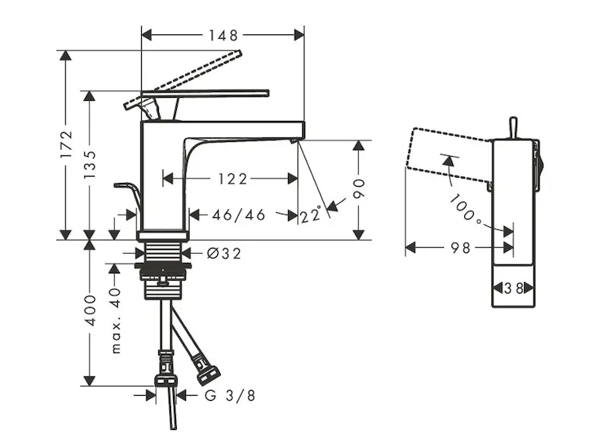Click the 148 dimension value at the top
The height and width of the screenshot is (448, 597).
(x=223, y=35)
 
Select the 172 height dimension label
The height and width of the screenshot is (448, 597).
(x=67, y=145)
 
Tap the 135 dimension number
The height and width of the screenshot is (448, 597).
(x=90, y=164)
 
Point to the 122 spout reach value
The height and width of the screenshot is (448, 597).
(x=233, y=178)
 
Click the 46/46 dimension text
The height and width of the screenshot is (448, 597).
(x=239, y=215)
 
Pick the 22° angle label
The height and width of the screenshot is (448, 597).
(x=313, y=215)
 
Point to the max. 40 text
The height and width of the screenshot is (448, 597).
(x=116, y=320)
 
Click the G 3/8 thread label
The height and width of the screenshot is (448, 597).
(x=230, y=396)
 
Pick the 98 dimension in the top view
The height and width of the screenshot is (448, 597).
(x=461, y=248)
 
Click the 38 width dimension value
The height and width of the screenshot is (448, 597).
(x=514, y=287)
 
